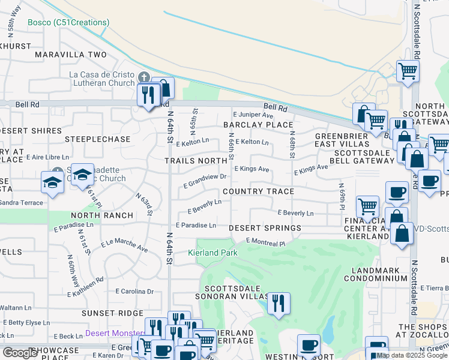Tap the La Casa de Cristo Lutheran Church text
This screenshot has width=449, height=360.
[102, 79]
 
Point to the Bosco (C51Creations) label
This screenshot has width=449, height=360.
[68, 23]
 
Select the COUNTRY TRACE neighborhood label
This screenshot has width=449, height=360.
[258, 191]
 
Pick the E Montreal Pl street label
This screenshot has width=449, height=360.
[265, 242]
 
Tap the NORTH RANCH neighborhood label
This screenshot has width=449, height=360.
[102, 215]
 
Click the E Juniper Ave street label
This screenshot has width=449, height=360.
[253, 114]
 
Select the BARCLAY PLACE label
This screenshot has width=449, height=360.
[258, 125]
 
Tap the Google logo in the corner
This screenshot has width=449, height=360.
[20, 353]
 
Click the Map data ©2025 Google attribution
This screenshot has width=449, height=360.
[411, 355]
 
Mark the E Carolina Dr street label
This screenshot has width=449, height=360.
[134, 292]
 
